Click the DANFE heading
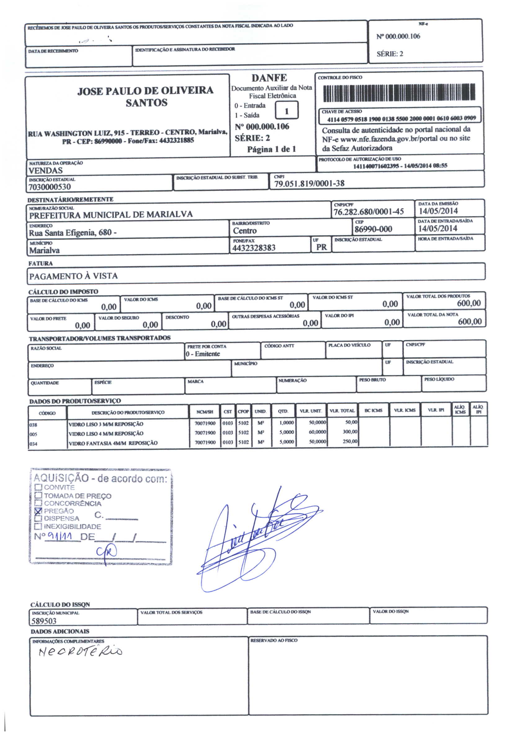(x=269, y=78)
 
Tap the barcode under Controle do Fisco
(x=399, y=92)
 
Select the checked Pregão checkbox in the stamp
(x=38, y=511)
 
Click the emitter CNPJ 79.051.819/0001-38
(x=309, y=184)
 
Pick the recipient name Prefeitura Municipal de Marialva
(x=111, y=215)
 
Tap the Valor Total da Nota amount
(x=469, y=321)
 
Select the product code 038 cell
(x=34, y=425)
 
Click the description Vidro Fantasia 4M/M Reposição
(x=113, y=443)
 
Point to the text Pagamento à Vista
(x=74, y=276)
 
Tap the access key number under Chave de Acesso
(x=401, y=118)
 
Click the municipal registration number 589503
(x=44, y=621)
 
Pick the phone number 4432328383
(x=254, y=248)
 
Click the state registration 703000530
(x=49, y=187)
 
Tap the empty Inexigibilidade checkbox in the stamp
(x=38, y=526)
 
